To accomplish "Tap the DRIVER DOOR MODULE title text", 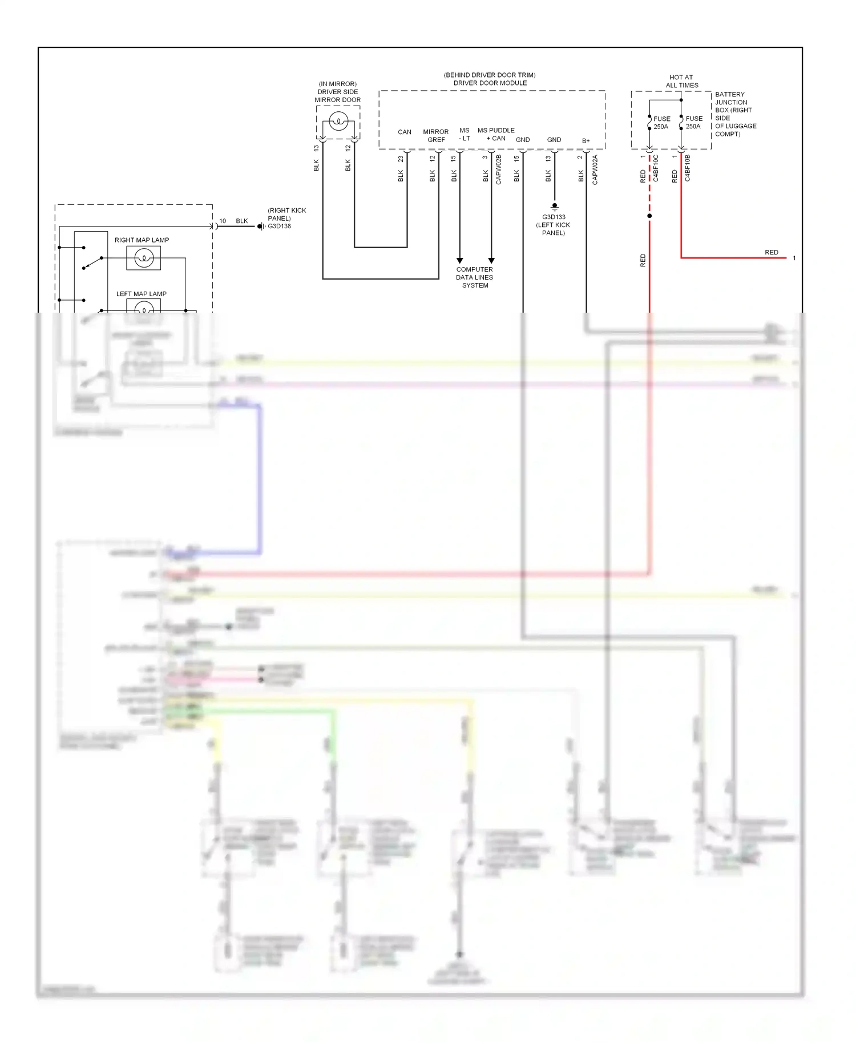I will (490, 83).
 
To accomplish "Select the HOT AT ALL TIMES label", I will (681, 81).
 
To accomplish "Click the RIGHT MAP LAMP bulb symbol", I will (143, 258).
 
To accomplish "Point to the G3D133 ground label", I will (554, 217).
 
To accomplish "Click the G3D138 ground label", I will (280, 227).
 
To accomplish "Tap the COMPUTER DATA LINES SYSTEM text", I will (474, 277).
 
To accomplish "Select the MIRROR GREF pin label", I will (436, 136).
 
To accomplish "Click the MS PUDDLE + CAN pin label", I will (496, 134).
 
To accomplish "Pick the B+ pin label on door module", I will (586, 141).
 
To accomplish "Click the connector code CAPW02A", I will (595, 169).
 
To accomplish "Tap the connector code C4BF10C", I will (656, 168).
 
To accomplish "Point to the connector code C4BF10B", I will (688, 168).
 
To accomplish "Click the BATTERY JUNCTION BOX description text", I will (735, 114).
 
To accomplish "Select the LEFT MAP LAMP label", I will (141, 294).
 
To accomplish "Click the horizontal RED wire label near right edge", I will (771, 252).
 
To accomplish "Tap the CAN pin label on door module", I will (404, 132).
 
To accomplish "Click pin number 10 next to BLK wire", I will (223, 221).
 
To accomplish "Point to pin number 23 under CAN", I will (401, 159).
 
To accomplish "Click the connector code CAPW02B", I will (499, 169).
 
